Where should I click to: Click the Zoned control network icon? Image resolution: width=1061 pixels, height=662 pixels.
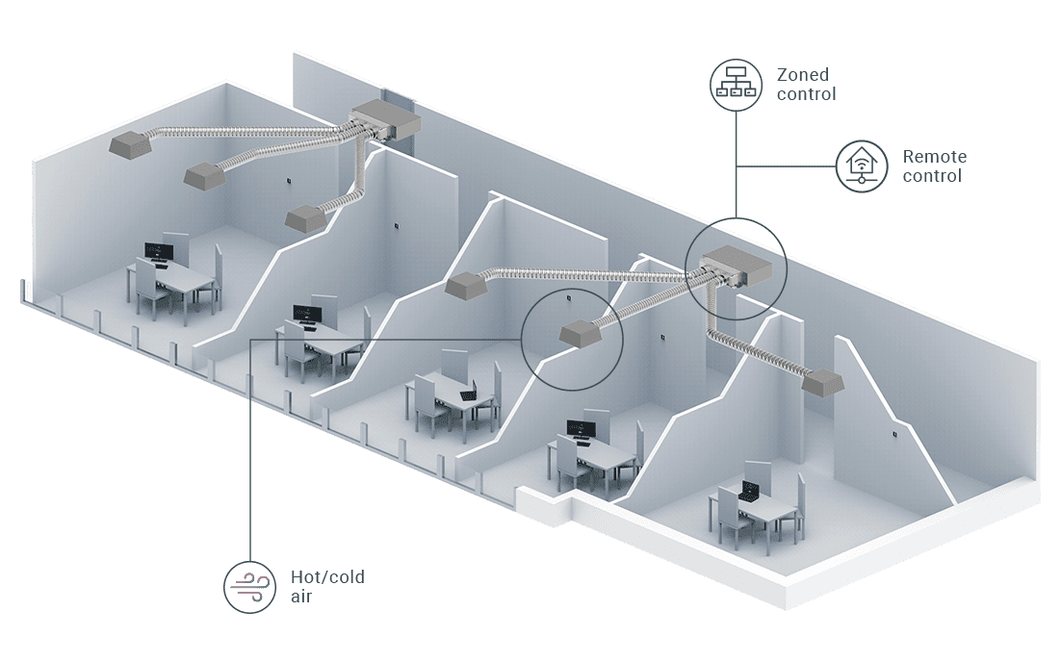pyautogui.click(x=736, y=83)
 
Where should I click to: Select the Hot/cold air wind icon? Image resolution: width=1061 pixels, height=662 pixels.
pyautogui.click(x=246, y=586)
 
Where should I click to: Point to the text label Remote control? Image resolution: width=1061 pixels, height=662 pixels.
pyautogui.click(x=934, y=165)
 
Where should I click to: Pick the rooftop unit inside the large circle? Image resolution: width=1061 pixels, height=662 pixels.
pyautogui.click(x=737, y=266)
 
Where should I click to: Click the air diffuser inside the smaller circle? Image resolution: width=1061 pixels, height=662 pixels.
pyautogui.click(x=580, y=332)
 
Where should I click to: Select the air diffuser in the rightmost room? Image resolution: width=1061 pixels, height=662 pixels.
pyautogui.click(x=823, y=381)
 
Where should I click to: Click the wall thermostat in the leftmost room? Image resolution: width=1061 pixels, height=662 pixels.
pyautogui.click(x=288, y=180)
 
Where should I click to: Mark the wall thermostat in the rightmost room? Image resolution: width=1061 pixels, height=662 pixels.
pyautogui.click(x=895, y=434)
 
